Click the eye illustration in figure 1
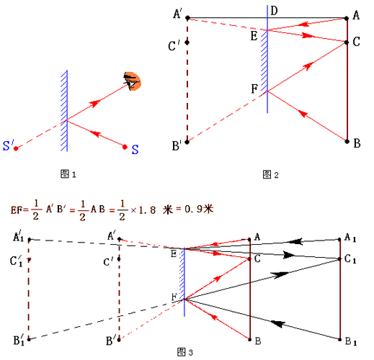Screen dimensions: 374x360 tap(132, 81)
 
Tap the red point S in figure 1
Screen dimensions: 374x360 tap(125, 147)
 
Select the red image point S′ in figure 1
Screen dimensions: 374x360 tap(16, 148)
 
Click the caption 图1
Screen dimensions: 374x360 tap(68, 174)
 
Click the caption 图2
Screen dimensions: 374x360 tap(270, 175)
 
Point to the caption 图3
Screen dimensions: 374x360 tap(185, 352)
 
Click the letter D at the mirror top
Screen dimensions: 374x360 tap(274, 11)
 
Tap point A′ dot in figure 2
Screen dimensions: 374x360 tap(188, 18)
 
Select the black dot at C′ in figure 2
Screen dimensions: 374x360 tap(187, 42)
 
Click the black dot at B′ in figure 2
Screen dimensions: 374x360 tap(187, 142)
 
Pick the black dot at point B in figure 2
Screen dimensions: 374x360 tap(347, 141)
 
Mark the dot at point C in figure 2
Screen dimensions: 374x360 tap(347, 42)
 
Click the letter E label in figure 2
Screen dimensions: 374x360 tap(254, 36)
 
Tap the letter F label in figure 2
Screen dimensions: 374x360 tap(254, 89)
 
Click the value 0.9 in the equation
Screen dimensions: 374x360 tap(194, 209)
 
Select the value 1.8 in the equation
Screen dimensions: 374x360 tap(147, 210)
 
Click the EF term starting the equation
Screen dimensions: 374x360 tap(16, 210)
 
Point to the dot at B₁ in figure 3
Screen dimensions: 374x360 tap(339, 339)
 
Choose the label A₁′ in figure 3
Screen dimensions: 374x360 tap(18, 237)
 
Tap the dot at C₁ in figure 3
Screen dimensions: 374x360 tap(339, 259)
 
